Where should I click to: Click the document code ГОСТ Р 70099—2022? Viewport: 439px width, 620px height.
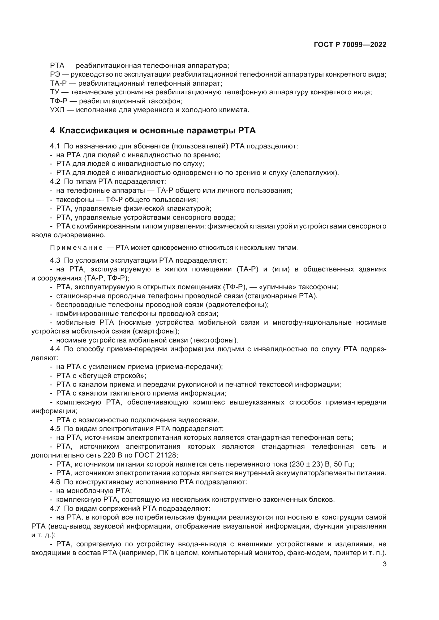coord(350,45)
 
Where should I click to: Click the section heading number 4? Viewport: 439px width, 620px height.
coord(53,131)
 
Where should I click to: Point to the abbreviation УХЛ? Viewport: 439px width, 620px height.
coord(57,110)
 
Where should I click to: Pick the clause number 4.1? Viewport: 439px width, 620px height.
coord(55,146)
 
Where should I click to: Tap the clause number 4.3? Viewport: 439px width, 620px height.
coord(55,261)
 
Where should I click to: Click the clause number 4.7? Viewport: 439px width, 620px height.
coord(55,509)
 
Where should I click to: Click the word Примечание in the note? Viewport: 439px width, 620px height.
coord(76,248)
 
